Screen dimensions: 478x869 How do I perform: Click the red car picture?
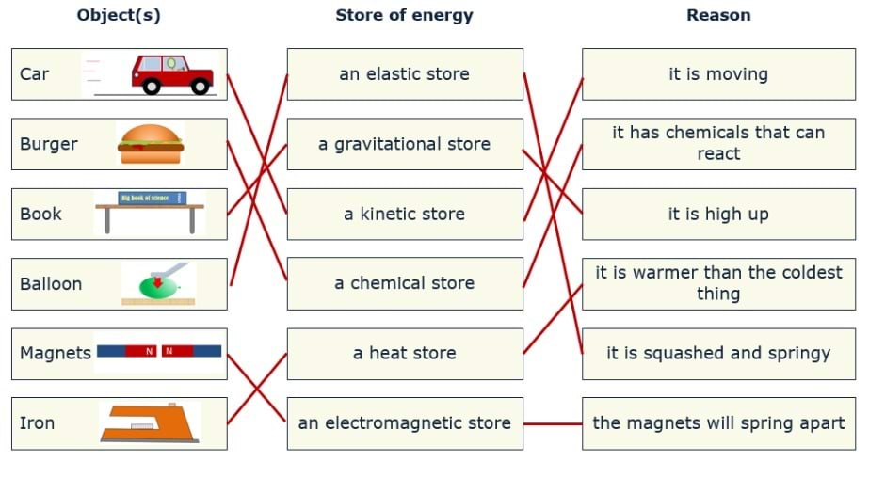point(172,73)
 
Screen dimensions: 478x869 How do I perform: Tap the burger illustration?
point(150,144)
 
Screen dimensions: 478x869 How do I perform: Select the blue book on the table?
point(152,198)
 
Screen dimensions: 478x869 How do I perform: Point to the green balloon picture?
point(150,283)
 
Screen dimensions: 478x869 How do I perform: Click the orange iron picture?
point(149,422)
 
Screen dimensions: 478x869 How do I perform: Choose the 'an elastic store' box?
point(405,74)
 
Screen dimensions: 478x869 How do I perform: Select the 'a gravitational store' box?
point(405,144)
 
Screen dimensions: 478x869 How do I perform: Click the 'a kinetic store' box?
point(405,214)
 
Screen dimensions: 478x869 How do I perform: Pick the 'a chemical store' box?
point(405,283)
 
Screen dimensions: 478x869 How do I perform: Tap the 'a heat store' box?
point(405,354)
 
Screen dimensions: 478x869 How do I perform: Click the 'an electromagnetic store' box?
point(405,423)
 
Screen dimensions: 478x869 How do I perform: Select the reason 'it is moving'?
point(718,74)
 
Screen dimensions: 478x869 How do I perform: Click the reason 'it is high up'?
point(718,214)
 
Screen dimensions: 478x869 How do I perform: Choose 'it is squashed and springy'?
point(718,354)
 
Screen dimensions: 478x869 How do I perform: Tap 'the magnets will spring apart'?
point(718,423)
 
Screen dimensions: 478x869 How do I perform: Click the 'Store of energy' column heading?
point(404,15)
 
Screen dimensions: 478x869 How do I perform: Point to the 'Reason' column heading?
point(718,15)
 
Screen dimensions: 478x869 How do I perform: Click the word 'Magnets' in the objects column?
point(56,353)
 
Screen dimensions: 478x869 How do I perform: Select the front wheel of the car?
point(200,86)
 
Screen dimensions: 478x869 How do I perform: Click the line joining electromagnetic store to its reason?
point(553,423)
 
